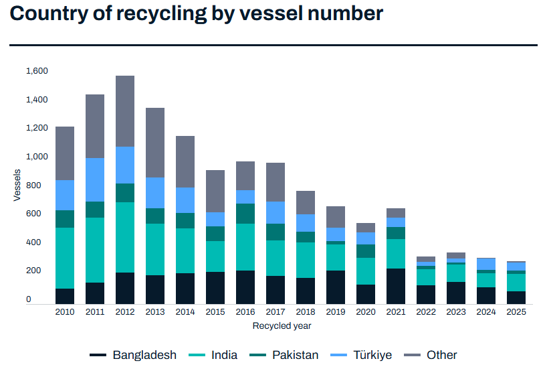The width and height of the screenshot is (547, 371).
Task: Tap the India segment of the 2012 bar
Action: pyautogui.click(x=125, y=237)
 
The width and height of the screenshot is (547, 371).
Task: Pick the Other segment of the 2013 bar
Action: pyautogui.click(x=155, y=142)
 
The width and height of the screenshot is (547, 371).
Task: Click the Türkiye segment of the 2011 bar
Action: pyautogui.click(x=95, y=179)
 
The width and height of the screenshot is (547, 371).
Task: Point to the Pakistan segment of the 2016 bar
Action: pyautogui.click(x=245, y=213)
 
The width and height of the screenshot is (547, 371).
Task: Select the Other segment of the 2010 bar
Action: pyautogui.click(x=65, y=153)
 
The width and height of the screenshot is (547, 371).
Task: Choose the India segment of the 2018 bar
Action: pyautogui.click(x=306, y=260)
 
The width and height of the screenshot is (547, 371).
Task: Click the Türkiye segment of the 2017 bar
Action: pyautogui.click(x=276, y=212)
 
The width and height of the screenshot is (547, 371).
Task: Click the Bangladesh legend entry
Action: pyautogui.click(x=133, y=355)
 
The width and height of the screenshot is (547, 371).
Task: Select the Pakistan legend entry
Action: pyautogui.click(x=284, y=355)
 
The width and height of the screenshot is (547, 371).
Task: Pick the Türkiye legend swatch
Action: pyautogui.click(x=342, y=355)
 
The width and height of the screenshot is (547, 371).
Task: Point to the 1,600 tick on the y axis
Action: pyautogui.click(x=37, y=71)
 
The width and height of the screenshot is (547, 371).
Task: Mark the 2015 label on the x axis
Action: pyautogui.click(x=215, y=312)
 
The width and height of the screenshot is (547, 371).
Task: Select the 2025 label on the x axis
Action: pyautogui.click(x=516, y=312)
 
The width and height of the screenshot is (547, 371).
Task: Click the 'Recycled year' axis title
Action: pyautogui.click(x=282, y=326)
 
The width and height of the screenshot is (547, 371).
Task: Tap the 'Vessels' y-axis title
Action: pyautogui.click(x=17, y=185)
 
